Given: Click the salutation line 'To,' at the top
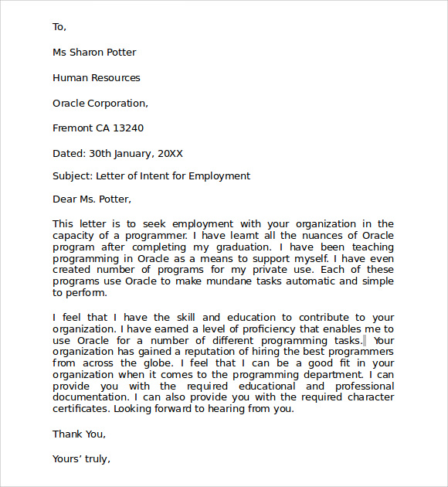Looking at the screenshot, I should [59, 27].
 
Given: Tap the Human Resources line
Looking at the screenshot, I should [97, 78].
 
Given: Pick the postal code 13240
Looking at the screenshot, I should [128, 128].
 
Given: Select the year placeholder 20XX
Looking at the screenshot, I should [169, 154].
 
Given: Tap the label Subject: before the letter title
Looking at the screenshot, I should [73, 176].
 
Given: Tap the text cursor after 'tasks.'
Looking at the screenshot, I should [365, 340].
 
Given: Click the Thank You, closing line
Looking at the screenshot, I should [79, 434].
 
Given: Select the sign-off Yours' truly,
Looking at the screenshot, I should [81, 459].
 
